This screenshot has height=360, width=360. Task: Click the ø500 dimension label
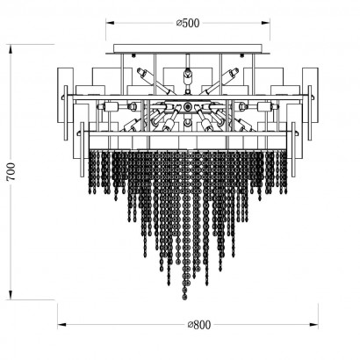click(x=188, y=23)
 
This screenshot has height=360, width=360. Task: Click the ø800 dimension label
click(x=199, y=325)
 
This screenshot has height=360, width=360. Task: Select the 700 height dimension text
click(x=11, y=172)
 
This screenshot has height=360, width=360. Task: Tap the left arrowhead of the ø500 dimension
click(x=110, y=23)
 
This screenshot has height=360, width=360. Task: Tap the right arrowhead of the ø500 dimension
click(x=266, y=23)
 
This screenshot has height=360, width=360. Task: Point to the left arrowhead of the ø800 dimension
click(x=61, y=324)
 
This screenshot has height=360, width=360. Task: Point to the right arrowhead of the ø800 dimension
click(x=314, y=324)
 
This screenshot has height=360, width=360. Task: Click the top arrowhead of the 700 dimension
click(x=11, y=48)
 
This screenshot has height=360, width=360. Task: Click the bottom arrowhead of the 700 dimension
click(x=11, y=295)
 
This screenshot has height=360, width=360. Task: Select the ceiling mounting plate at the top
click(x=188, y=48)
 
